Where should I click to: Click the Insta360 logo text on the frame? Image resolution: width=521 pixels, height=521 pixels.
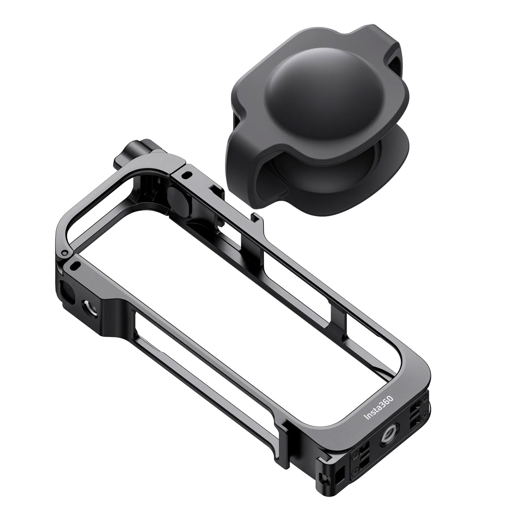(x=379, y=408)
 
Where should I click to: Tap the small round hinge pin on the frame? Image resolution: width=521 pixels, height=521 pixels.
(x=64, y=252)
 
